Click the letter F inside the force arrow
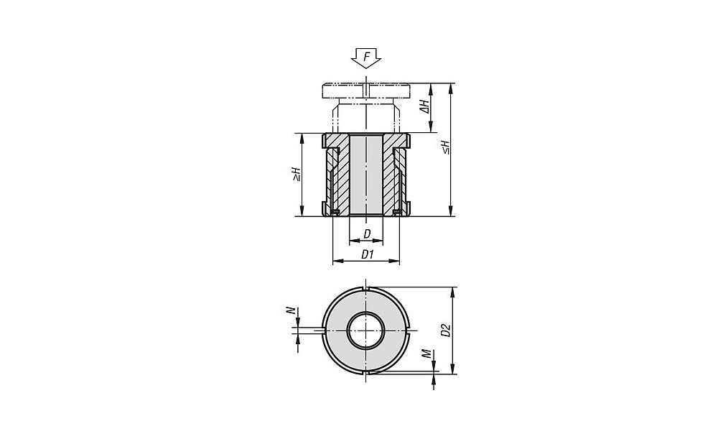click(x=366, y=57)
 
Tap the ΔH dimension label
click(x=425, y=107)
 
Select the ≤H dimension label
click(x=446, y=147)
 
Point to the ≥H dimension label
click(x=297, y=174)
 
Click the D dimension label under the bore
click(x=367, y=234)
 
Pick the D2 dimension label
click(x=446, y=331)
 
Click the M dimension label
click(x=426, y=353)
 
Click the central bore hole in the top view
click(x=366, y=331)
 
